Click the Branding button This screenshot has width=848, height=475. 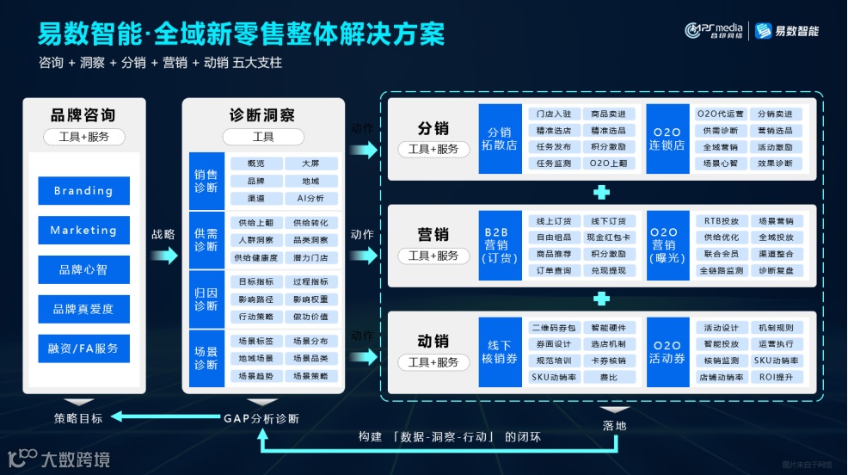(x=83, y=191)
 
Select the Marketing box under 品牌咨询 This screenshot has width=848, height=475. (x=83, y=231)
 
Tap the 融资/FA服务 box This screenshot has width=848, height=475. (x=83, y=349)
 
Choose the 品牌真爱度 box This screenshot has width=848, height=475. (x=83, y=309)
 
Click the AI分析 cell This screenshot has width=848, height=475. (x=310, y=198)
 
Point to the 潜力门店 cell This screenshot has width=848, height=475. (x=310, y=257)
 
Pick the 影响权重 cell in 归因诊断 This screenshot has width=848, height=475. (x=310, y=299)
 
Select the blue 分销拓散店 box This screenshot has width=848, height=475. (x=500, y=139)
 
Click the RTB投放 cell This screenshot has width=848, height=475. (x=721, y=221)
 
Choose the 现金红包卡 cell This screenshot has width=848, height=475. (x=608, y=237)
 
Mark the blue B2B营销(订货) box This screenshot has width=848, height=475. (x=500, y=245)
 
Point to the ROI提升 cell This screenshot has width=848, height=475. (x=775, y=377)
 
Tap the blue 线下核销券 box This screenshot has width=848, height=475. (x=500, y=352)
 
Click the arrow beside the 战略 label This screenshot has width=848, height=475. (x=164, y=255)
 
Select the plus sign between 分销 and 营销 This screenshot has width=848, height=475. (x=602, y=192)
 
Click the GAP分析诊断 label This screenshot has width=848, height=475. (x=261, y=418)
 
